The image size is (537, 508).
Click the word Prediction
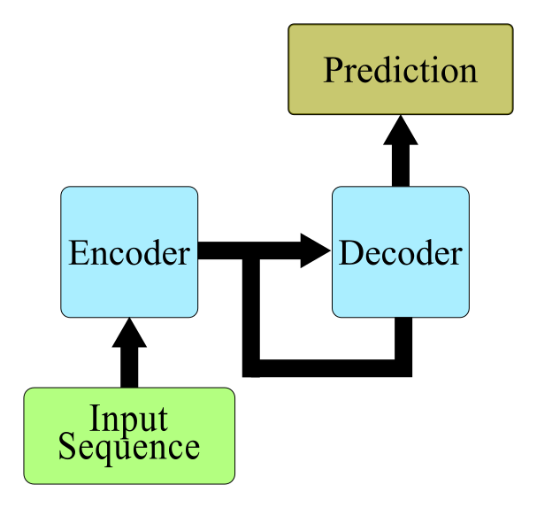401,70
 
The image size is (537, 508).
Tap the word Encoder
129,253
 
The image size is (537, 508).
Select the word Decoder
401,253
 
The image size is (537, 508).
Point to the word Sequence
129,447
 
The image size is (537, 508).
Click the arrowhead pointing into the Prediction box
401,130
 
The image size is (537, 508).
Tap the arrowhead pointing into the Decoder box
316,250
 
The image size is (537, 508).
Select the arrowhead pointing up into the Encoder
129,333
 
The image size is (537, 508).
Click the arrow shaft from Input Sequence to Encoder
129,367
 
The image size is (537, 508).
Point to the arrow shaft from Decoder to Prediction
401,165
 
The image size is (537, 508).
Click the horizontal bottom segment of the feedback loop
327,368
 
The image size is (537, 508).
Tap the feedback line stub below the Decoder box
403,338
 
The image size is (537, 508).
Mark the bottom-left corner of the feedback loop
251,368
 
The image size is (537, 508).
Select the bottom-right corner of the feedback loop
403,368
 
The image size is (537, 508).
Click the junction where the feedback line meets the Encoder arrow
251,250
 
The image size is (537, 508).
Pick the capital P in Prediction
333,70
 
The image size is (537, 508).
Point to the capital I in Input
95,418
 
